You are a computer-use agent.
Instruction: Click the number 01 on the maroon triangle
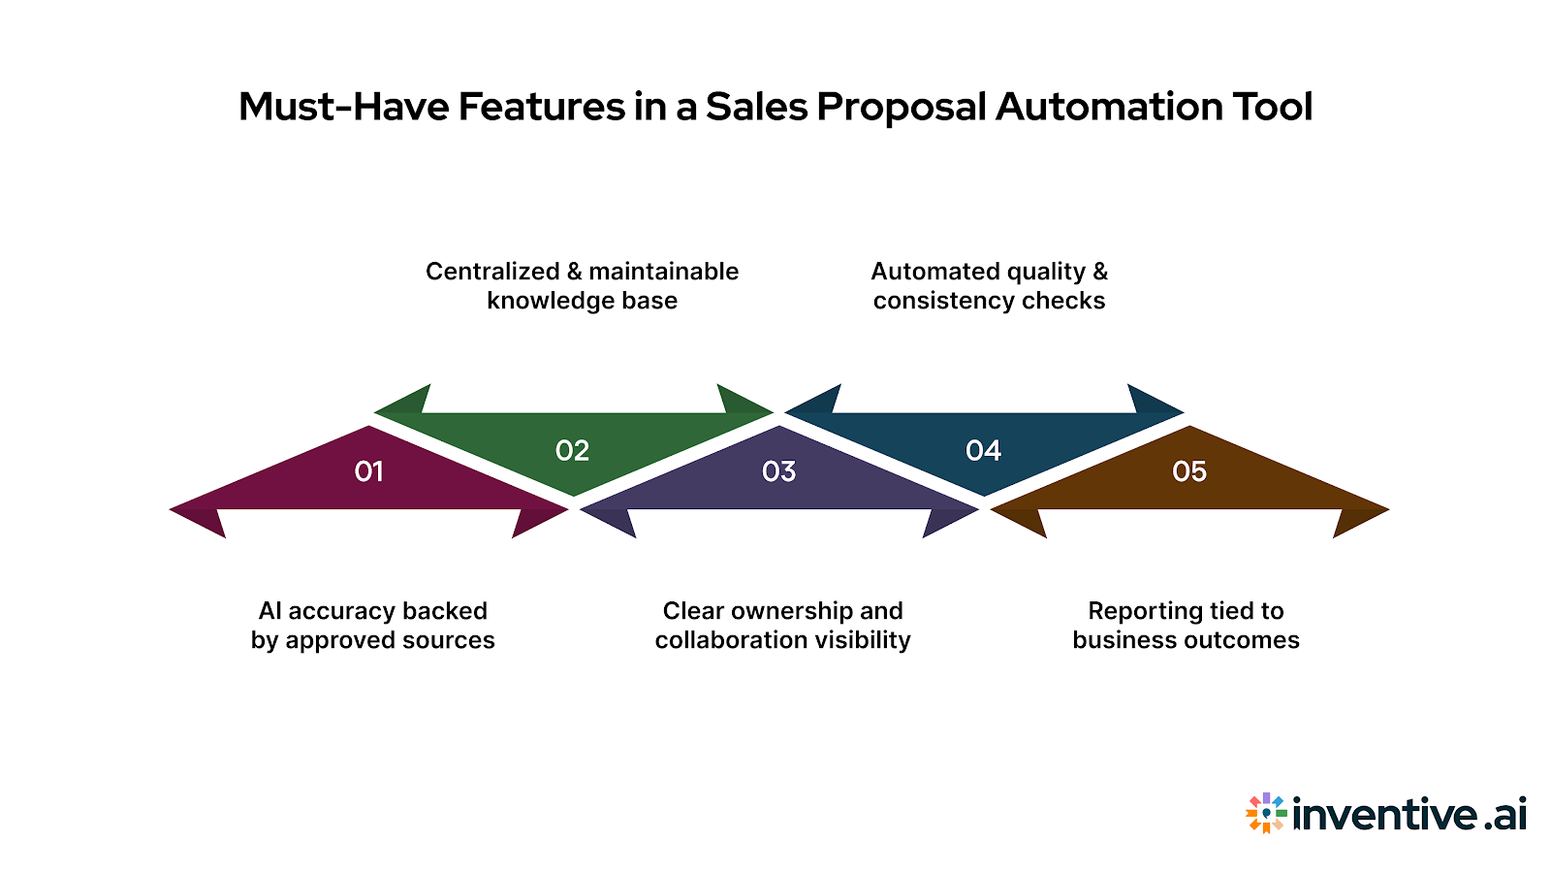(x=368, y=471)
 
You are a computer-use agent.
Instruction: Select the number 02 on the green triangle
(x=572, y=451)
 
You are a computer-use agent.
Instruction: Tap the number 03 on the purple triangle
(x=778, y=471)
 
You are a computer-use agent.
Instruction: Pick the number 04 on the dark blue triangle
(x=983, y=451)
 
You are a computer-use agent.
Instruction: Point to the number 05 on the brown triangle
(x=1188, y=471)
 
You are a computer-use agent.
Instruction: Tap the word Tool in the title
(x=1272, y=107)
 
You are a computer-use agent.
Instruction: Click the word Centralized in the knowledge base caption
(x=492, y=272)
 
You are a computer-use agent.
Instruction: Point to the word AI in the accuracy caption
(x=269, y=611)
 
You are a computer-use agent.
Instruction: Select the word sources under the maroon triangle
(x=449, y=640)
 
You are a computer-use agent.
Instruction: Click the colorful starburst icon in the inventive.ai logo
(x=1266, y=813)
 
